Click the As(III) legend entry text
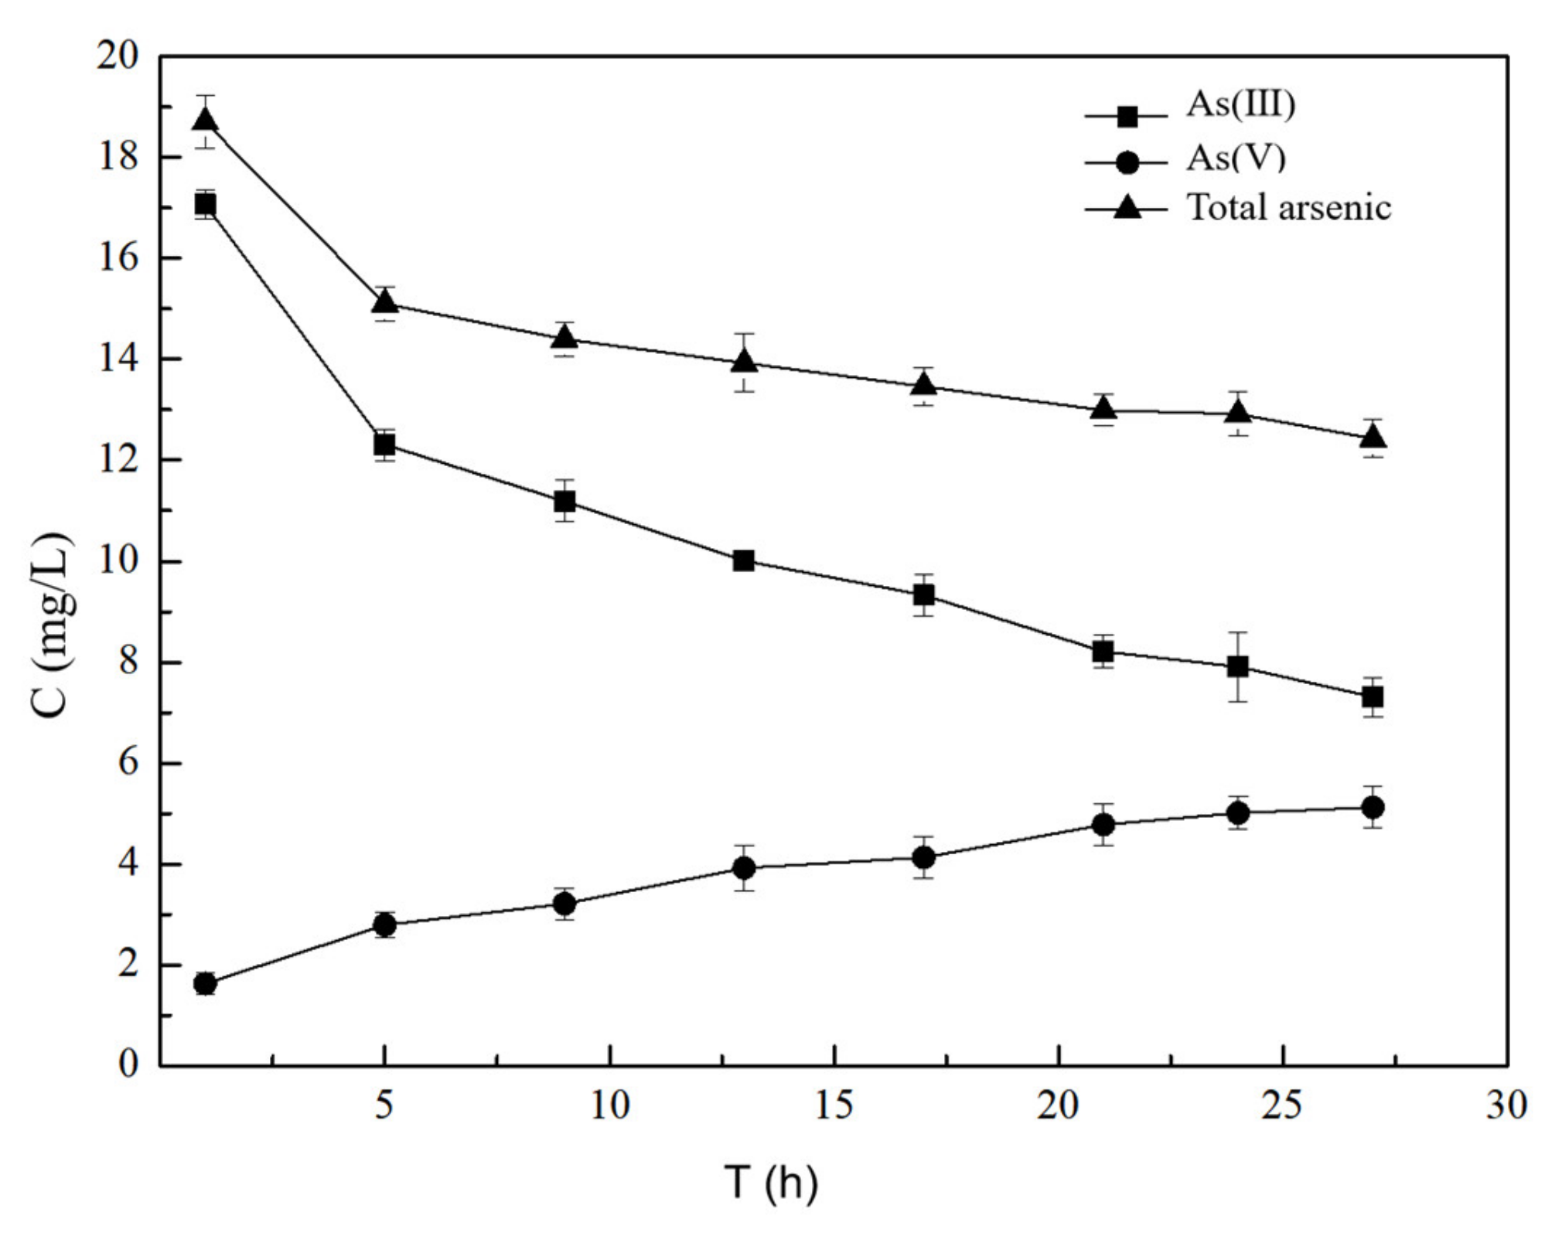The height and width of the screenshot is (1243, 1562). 1240,104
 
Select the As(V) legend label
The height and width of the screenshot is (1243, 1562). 1236,158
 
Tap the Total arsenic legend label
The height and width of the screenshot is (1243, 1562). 1288,207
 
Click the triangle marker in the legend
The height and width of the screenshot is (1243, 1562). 1127,207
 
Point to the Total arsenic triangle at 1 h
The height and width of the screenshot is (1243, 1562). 205,120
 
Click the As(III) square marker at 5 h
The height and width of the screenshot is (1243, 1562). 384,444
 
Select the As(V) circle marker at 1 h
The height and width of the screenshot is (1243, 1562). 205,984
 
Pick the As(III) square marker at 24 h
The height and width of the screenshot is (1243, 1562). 1238,666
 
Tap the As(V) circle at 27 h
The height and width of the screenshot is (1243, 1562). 1373,807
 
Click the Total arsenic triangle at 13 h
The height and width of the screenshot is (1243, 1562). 744,361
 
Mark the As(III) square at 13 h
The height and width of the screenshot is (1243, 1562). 744,560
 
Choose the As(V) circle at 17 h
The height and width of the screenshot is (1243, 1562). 923,857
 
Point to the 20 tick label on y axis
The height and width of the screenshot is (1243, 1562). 117,56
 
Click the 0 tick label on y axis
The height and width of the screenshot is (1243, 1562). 128,1064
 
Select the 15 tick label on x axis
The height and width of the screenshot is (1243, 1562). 834,1105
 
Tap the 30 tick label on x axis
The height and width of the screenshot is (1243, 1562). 1506,1105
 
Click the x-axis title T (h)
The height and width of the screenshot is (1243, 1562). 770,1182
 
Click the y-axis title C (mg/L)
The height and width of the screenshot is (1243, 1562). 54,625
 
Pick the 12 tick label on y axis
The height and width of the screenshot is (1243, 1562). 117,460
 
